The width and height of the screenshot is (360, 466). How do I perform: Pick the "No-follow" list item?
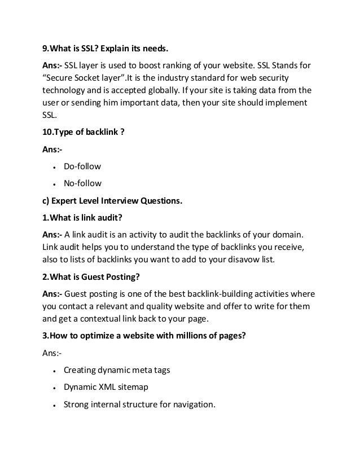(x=82, y=183)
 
